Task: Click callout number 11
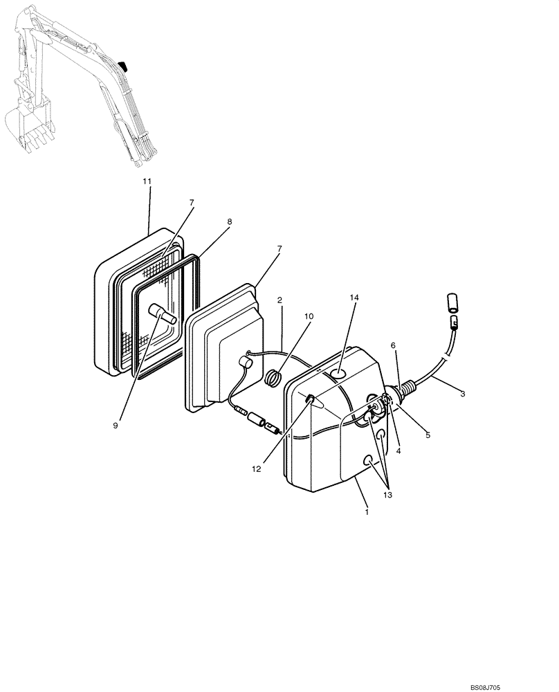[x=146, y=181]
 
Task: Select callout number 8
[x=229, y=221]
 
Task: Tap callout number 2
[x=279, y=300]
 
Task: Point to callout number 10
[x=309, y=316]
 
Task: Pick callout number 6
[x=393, y=345]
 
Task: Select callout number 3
[x=462, y=394]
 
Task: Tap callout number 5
[x=428, y=435]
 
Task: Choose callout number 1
[x=367, y=512]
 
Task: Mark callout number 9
[x=116, y=425]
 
